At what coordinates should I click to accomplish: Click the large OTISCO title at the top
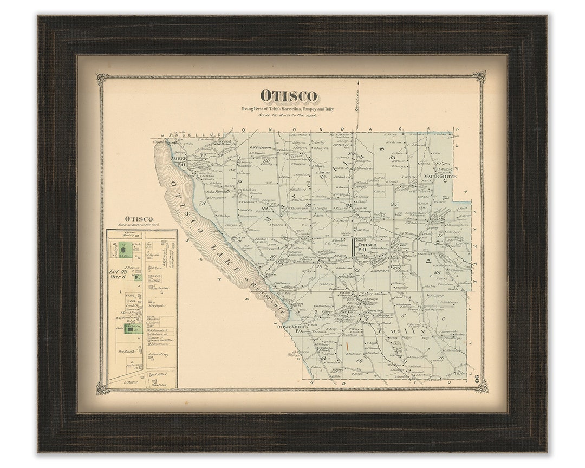[x=288, y=96]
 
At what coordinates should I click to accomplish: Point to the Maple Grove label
[x=440, y=177]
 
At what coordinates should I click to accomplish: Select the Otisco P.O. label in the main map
[x=368, y=248]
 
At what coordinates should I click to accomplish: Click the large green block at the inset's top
[x=127, y=250]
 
